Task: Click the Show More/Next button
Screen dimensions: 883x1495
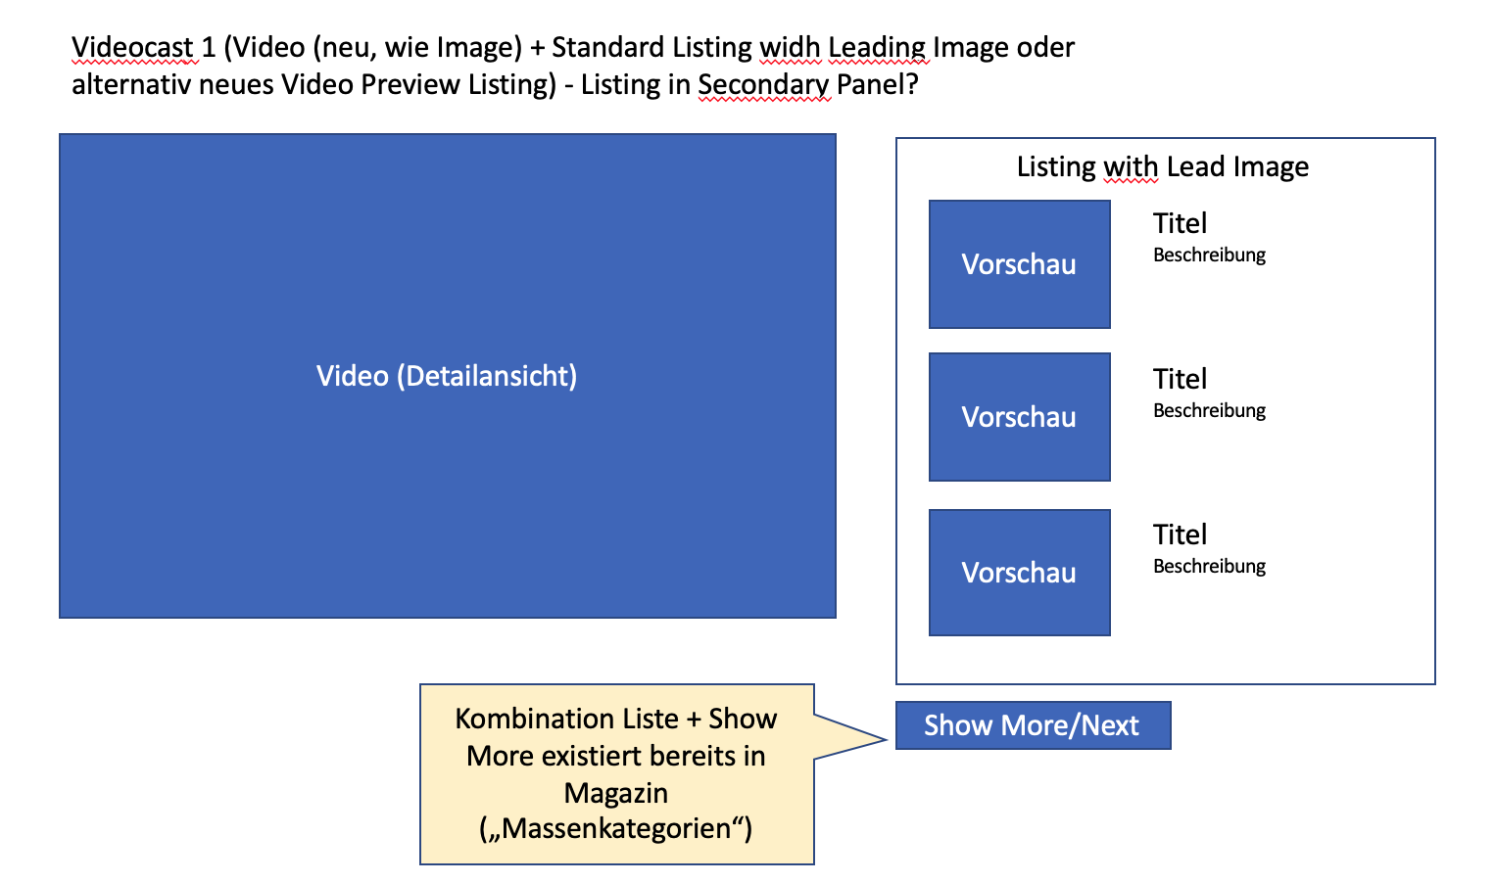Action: [1033, 725]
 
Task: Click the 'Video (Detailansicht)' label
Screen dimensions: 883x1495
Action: [447, 376]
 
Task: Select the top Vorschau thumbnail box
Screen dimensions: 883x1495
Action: [1019, 264]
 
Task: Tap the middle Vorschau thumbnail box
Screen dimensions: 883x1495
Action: [1019, 417]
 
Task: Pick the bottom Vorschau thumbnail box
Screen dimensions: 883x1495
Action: [1019, 573]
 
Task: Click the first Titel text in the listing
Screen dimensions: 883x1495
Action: [1180, 223]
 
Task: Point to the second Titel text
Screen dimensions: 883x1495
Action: [1180, 379]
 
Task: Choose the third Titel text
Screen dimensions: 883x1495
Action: [1180, 534]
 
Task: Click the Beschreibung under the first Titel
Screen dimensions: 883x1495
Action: [1209, 256]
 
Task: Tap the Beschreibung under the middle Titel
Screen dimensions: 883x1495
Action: [1209, 411]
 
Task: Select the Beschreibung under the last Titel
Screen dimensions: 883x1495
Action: [1209, 567]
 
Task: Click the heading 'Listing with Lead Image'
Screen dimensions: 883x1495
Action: [1162, 167]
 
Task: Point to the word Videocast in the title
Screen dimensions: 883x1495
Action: [132, 47]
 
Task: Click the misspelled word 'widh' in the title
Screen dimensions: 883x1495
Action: [790, 47]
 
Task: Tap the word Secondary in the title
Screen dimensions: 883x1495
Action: [763, 85]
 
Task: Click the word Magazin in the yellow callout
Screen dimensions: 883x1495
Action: [616, 793]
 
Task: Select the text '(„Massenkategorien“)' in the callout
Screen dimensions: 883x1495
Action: [616, 829]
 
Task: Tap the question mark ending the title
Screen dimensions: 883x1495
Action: [911, 85]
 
